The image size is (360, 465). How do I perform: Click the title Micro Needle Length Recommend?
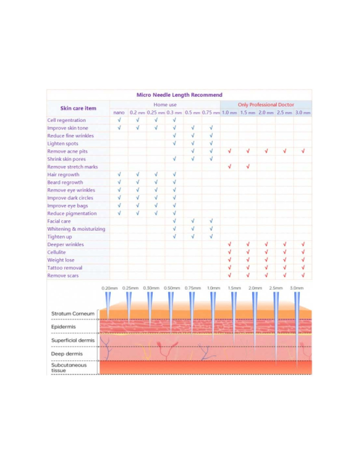click(179, 95)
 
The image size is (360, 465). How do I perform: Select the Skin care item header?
click(78, 108)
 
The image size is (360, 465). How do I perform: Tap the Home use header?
click(165, 105)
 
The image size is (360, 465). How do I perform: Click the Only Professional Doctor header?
click(266, 105)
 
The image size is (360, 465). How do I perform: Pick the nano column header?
click(119, 112)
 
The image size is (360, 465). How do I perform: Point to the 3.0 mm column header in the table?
click(303, 112)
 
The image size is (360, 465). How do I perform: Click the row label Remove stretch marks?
click(72, 167)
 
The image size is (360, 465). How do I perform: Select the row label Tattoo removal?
click(65, 268)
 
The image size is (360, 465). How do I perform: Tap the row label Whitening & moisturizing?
click(76, 229)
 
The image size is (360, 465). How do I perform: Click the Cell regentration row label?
click(66, 120)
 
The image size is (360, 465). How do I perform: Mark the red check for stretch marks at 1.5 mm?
click(248, 166)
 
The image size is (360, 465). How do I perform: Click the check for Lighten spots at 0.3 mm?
click(174, 143)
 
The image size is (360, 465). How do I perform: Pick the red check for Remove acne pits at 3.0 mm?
click(303, 151)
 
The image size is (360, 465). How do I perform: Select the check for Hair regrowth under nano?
click(119, 174)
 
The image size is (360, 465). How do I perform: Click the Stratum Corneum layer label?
click(73, 314)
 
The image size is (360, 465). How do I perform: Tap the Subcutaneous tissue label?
click(69, 368)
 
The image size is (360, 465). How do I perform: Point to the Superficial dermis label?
click(73, 340)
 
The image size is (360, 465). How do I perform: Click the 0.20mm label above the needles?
click(109, 288)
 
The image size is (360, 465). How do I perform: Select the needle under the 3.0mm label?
click(297, 327)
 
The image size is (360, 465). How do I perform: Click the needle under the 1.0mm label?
click(213, 314)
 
